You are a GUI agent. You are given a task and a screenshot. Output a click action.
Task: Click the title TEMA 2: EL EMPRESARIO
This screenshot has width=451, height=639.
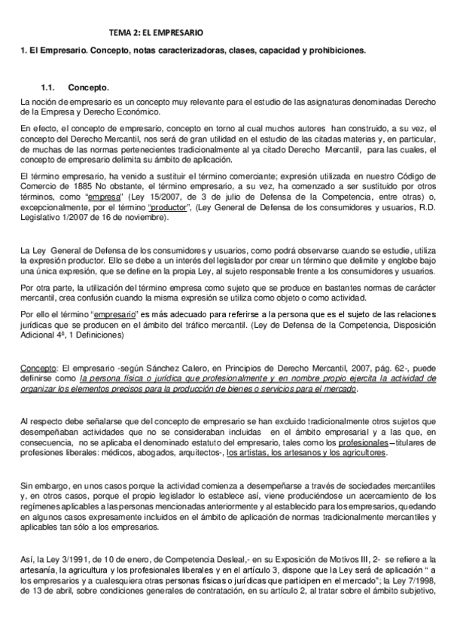(156, 34)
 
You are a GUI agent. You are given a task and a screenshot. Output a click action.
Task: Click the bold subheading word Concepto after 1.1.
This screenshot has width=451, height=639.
(89, 87)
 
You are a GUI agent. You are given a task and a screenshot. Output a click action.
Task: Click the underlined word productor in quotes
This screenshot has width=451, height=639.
(169, 209)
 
